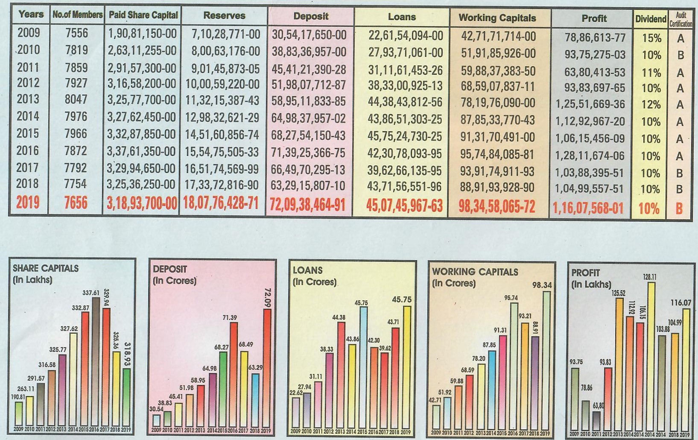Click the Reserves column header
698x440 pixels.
(x=224, y=16)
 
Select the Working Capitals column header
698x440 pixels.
(x=497, y=18)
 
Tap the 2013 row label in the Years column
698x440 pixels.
(x=28, y=100)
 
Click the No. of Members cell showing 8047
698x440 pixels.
(x=76, y=100)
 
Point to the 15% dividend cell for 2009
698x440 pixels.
(x=651, y=38)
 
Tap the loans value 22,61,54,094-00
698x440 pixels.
(x=406, y=35)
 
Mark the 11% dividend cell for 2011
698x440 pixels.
(x=651, y=73)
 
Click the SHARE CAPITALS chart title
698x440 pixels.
(x=46, y=269)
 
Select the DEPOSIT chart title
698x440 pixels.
(x=170, y=270)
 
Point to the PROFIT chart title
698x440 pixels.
(x=585, y=273)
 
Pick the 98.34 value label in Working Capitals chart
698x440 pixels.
(x=542, y=285)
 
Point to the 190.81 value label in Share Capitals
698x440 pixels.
(x=18, y=397)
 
